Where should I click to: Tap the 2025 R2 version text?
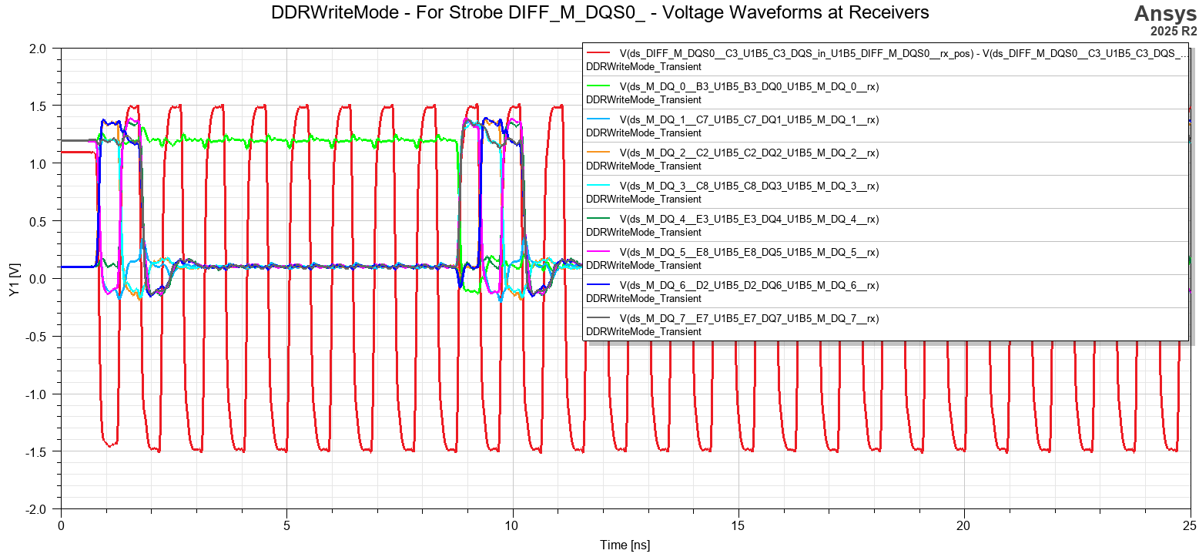(1174, 32)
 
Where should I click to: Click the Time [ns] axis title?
(625, 545)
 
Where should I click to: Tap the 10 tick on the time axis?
(512, 525)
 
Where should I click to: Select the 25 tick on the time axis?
(1190, 525)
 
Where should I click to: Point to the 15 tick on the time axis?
(738, 525)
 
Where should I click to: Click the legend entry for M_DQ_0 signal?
(749, 86)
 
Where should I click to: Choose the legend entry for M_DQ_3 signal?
(749, 186)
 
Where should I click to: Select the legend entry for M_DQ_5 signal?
(749, 252)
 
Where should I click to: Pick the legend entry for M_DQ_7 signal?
(749, 318)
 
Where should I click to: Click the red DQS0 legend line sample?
(598, 53)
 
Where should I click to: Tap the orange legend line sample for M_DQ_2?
(598, 153)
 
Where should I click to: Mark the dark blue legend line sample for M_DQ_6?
(598, 285)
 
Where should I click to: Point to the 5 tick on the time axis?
(286, 525)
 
